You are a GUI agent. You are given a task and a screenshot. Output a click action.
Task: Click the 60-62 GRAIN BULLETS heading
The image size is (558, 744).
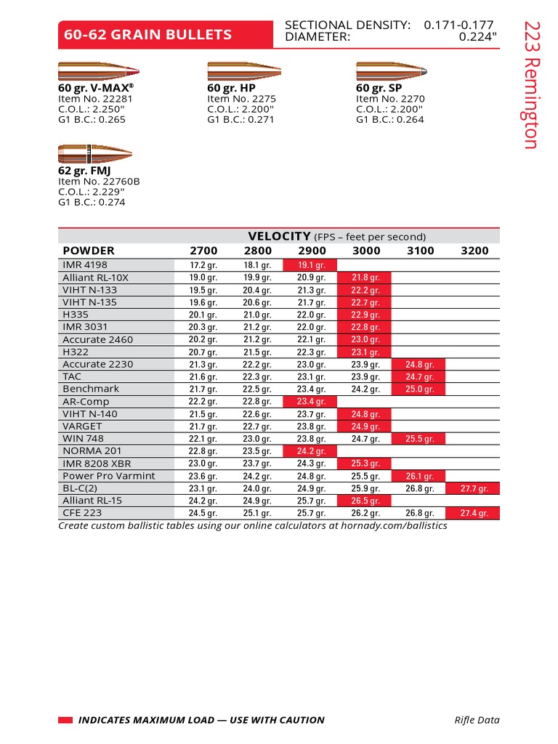[x=148, y=35]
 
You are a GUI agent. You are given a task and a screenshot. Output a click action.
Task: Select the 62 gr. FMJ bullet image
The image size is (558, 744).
[x=94, y=153]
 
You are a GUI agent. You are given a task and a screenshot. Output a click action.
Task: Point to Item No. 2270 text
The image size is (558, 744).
[x=390, y=99]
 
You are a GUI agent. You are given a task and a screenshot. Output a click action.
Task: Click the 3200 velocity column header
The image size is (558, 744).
[x=474, y=251]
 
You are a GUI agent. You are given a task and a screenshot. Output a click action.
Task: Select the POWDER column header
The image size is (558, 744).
[x=89, y=251]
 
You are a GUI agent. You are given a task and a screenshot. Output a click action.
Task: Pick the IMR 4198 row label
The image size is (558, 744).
[x=85, y=265]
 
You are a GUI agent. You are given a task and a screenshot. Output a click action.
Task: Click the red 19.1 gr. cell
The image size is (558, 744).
[x=311, y=266]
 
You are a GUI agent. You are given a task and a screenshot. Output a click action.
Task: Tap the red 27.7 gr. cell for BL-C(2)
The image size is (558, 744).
[x=474, y=489]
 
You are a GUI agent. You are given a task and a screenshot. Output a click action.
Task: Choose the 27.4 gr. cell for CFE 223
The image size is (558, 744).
[x=474, y=514]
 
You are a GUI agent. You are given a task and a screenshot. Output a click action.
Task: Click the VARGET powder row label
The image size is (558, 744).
[x=82, y=426]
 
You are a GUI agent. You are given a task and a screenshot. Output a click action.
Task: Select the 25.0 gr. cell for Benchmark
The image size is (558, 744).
[x=420, y=389]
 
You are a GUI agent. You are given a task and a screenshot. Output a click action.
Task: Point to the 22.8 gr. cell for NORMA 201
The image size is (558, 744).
[x=203, y=451]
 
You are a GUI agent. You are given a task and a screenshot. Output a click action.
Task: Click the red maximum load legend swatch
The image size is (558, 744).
[x=65, y=720]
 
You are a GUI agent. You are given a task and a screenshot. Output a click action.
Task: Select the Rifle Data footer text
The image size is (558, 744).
[x=477, y=720]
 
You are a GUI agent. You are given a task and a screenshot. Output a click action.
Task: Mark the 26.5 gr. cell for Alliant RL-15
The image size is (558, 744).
[x=365, y=501]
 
